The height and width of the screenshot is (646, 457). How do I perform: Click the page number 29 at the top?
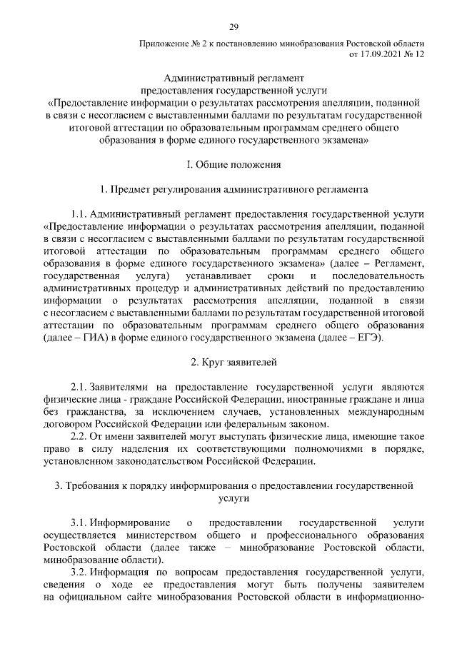click(233, 27)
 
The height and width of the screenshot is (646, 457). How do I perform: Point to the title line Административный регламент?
click(233, 79)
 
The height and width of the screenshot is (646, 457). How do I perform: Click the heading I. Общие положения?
click(233, 164)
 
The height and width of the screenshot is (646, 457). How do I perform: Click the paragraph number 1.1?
click(81, 214)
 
